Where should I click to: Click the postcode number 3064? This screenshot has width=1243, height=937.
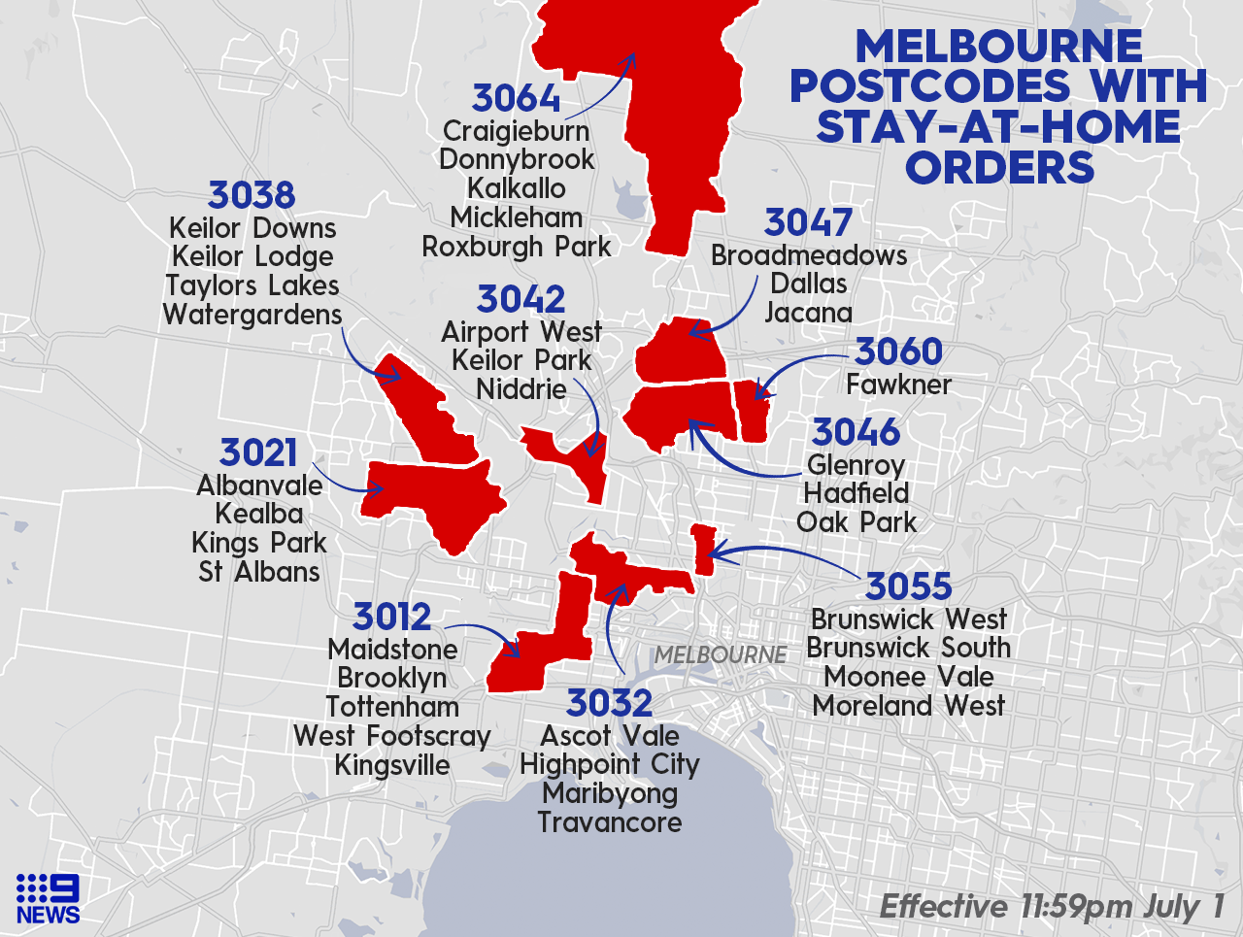(x=516, y=98)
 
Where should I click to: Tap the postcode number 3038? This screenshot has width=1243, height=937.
(x=252, y=195)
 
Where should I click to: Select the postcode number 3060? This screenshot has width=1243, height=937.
(x=898, y=351)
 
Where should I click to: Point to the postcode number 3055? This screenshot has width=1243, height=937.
(x=908, y=586)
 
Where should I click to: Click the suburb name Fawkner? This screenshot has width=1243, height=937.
(x=898, y=385)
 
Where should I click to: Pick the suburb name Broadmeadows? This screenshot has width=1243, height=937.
(x=809, y=255)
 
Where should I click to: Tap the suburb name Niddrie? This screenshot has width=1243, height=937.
(x=521, y=389)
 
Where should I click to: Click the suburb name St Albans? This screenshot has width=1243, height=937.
(x=259, y=572)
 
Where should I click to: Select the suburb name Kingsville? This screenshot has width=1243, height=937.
(x=392, y=765)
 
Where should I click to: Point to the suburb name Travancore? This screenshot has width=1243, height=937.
(x=610, y=822)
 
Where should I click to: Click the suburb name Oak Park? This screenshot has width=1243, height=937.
(x=857, y=522)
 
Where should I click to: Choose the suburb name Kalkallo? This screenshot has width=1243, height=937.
(x=517, y=188)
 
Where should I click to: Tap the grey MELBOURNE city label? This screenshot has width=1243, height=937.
(x=720, y=655)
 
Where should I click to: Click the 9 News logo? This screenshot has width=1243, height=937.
(x=48, y=898)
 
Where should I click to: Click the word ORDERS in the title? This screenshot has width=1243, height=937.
(x=999, y=168)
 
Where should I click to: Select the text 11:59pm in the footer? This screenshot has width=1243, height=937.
(x=1076, y=907)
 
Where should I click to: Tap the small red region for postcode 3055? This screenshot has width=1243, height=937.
(x=704, y=549)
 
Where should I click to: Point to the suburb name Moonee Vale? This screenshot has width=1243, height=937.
(x=909, y=677)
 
